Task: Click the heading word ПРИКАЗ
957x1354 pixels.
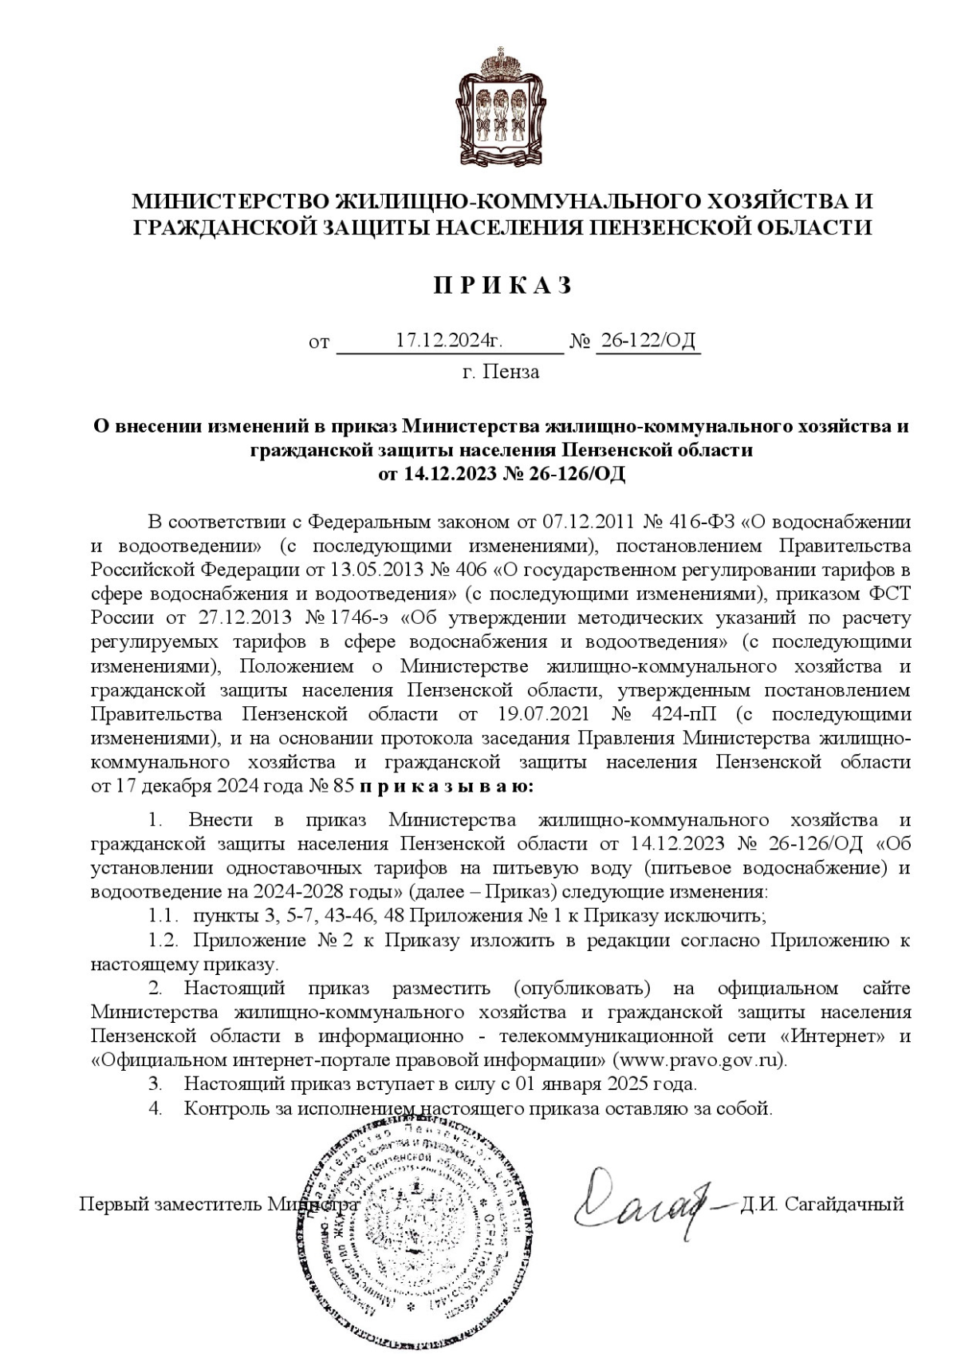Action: [502, 286]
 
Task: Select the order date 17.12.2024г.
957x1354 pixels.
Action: [449, 341]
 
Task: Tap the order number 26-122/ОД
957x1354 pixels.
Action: [648, 341]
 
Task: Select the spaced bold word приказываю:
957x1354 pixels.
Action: [447, 786]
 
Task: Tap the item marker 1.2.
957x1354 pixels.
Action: [162, 940]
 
